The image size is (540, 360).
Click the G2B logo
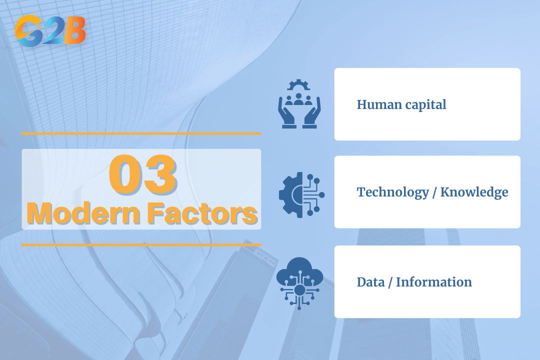(x=50, y=30)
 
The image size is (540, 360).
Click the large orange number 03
(x=143, y=174)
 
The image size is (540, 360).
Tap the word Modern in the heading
(x=83, y=213)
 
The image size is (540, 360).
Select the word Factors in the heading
(x=202, y=213)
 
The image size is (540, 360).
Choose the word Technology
(x=393, y=192)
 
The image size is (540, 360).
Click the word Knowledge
(x=474, y=192)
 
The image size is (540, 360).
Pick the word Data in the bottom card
(x=370, y=282)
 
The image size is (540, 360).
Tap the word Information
(x=434, y=282)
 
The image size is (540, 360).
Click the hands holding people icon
(x=299, y=103)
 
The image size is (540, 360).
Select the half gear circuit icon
(x=301, y=195)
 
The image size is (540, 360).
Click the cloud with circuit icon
(x=299, y=283)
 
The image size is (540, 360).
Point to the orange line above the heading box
(x=141, y=133)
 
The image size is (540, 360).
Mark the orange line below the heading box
(x=141, y=245)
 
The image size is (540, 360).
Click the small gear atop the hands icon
(x=298, y=84)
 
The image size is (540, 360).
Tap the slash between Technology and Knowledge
(x=434, y=192)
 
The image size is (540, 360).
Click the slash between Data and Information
(x=390, y=282)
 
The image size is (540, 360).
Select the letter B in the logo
(x=73, y=31)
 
